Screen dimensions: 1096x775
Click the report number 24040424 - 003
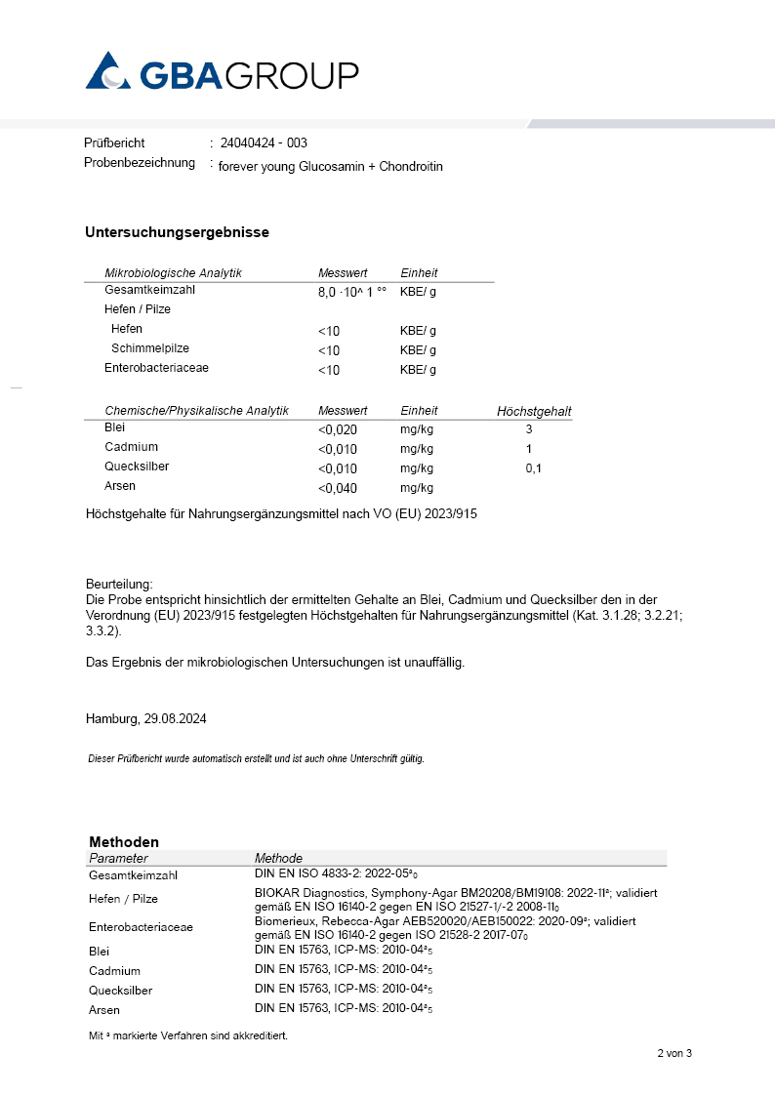pos(264,143)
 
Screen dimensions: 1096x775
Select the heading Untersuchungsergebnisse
pos(177,232)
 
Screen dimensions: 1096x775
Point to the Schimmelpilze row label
pos(150,348)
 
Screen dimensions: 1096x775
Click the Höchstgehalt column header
pos(534,412)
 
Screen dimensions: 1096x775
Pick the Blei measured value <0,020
pos(338,429)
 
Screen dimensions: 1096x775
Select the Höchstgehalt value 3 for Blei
pos(529,429)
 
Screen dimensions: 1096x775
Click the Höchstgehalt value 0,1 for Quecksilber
pos(533,468)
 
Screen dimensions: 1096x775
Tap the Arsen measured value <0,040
pos(338,488)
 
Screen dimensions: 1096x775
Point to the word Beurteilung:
pos(119,583)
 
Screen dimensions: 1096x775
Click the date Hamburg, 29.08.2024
pos(145,718)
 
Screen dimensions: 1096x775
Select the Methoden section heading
pos(124,841)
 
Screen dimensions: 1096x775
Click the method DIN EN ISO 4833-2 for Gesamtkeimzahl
pos(343,874)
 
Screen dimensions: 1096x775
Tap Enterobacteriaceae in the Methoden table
pos(141,927)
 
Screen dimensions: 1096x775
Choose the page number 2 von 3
pos(673,1053)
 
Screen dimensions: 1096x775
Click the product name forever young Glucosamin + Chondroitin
pos(330,166)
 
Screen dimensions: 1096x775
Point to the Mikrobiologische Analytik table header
pos(173,273)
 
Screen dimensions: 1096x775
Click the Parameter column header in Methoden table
pos(118,858)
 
